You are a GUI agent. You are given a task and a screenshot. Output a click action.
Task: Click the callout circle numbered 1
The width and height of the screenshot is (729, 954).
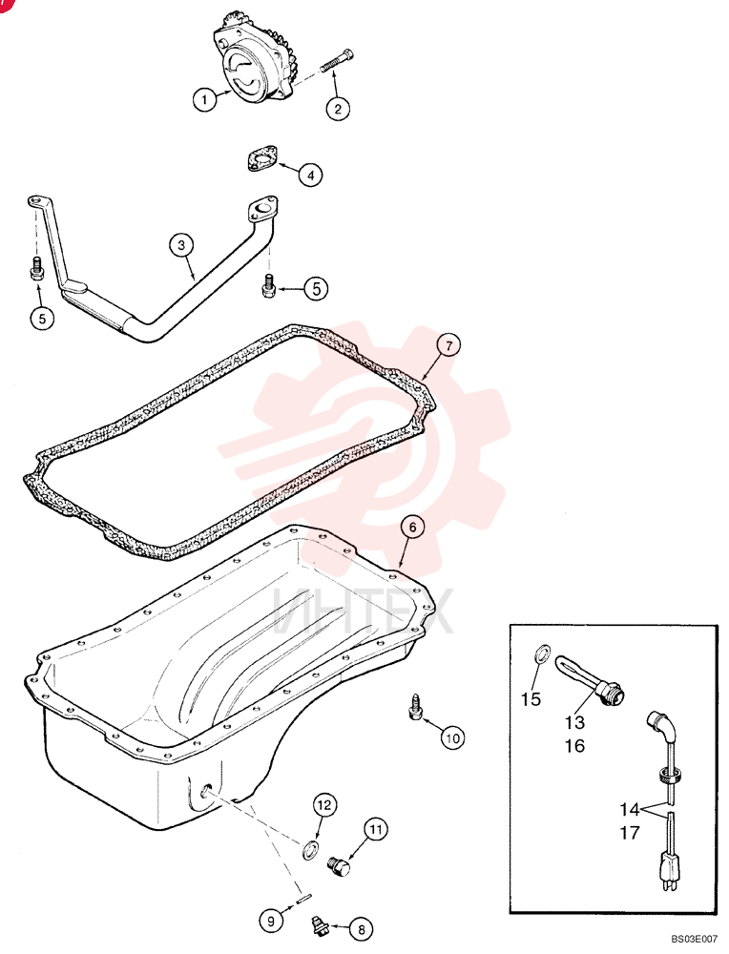204,99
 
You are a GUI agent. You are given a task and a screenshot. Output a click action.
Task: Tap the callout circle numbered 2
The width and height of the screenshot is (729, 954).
338,109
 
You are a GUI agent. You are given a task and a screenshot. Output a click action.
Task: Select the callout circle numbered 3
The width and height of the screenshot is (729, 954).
181,245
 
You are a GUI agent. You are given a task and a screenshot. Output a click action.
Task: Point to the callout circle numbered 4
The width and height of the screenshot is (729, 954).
310,176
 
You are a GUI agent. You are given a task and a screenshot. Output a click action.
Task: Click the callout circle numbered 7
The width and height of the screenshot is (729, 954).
448,345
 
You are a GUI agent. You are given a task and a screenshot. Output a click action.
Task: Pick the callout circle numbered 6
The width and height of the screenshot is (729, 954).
412,527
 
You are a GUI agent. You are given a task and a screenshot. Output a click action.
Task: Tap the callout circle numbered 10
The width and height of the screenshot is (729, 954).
452,738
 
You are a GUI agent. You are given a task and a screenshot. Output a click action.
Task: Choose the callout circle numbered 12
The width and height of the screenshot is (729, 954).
324,805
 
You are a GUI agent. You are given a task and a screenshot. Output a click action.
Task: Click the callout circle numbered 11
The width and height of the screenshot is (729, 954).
375,829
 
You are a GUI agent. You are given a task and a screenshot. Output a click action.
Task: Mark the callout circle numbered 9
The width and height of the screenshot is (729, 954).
271,922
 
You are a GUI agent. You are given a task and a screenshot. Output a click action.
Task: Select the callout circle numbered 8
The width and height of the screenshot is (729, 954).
362,929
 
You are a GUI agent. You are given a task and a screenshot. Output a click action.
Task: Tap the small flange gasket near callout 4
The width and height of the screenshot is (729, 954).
261,158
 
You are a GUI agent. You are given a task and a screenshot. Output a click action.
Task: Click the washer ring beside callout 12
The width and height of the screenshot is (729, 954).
310,849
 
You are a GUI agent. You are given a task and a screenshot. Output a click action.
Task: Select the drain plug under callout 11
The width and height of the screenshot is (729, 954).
339,866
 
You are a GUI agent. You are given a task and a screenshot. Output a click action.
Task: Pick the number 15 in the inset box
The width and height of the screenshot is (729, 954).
531,699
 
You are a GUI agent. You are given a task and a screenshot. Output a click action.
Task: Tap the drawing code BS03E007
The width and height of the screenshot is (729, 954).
695,940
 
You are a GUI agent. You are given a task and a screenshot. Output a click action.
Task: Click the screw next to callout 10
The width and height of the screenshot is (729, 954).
415,706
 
